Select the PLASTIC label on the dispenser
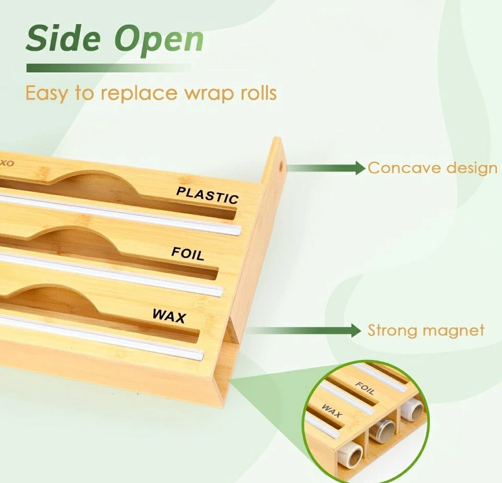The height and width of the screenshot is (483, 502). tap(207, 194)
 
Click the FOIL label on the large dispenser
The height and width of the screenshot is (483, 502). tap(188, 254)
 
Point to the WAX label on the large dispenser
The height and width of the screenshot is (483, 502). tap(169, 315)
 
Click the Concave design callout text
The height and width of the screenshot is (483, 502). tap(432, 168)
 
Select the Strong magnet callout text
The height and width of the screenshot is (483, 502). tap(426, 330)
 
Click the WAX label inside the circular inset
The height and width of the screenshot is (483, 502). tap(332, 412)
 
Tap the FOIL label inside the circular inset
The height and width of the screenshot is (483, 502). tap(364, 388)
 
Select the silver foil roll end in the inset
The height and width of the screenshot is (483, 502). tap(384, 430)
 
